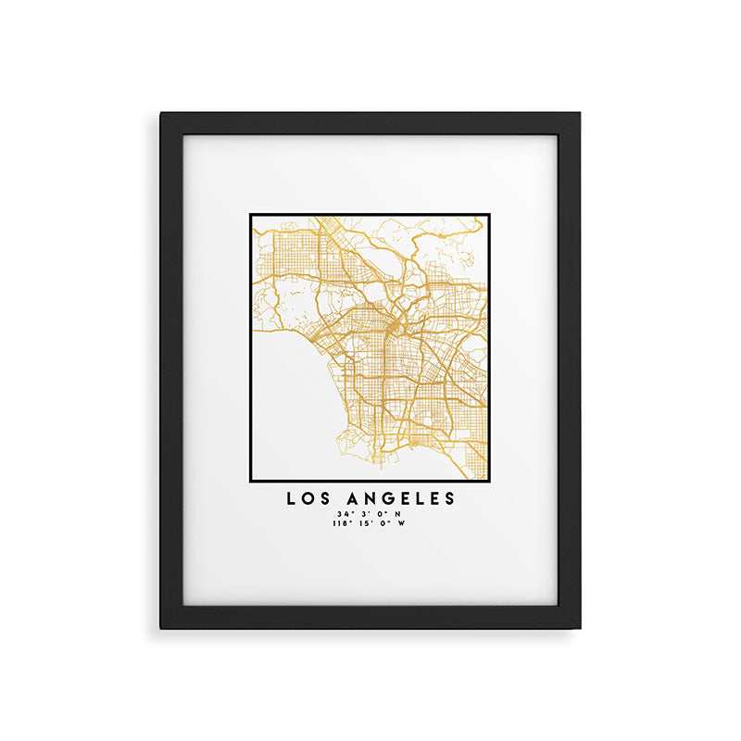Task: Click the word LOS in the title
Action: point(308,498)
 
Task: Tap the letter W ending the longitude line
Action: point(402,523)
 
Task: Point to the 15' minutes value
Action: point(365,523)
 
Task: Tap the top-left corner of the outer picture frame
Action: point(161,114)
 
